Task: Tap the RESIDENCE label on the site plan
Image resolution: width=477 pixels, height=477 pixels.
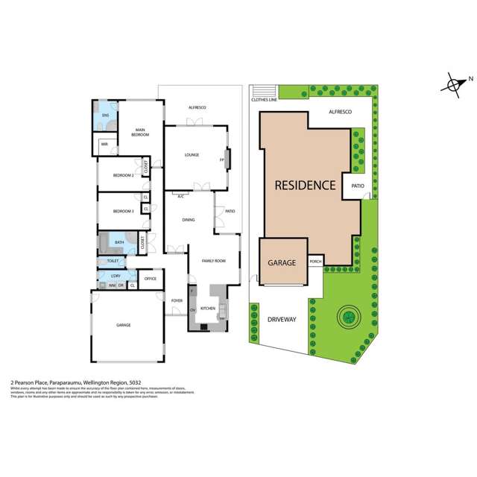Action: click(x=305, y=185)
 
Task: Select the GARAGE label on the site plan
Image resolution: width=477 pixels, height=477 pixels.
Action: click(x=282, y=262)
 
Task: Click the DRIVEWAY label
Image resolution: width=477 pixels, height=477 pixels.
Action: click(x=282, y=319)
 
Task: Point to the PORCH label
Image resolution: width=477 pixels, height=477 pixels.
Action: click(x=315, y=262)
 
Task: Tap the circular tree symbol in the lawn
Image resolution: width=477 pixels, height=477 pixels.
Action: click(x=347, y=318)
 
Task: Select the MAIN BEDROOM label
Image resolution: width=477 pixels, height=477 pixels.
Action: click(x=140, y=132)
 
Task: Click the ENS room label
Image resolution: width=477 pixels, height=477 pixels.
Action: click(x=105, y=116)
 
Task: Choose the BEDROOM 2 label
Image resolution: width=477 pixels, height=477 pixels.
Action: click(x=123, y=175)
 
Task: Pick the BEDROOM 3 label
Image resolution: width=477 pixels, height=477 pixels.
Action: click(x=123, y=212)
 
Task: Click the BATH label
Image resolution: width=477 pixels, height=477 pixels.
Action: click(x=119, y=242)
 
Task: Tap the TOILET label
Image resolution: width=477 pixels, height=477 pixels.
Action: click(x=113, y=261)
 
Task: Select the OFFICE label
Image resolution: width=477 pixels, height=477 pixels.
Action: click(x=150, y=279)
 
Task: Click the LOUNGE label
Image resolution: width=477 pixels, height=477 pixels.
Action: click(x=192, y=155)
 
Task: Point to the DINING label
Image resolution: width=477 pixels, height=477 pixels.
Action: click(x=189, y=220)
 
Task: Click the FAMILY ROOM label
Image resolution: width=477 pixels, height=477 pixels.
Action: click(x=213, y=261)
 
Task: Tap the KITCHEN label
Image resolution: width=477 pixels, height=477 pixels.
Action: click(x=208, y=308)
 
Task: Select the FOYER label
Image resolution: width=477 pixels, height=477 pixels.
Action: click(x=177, y=300)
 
